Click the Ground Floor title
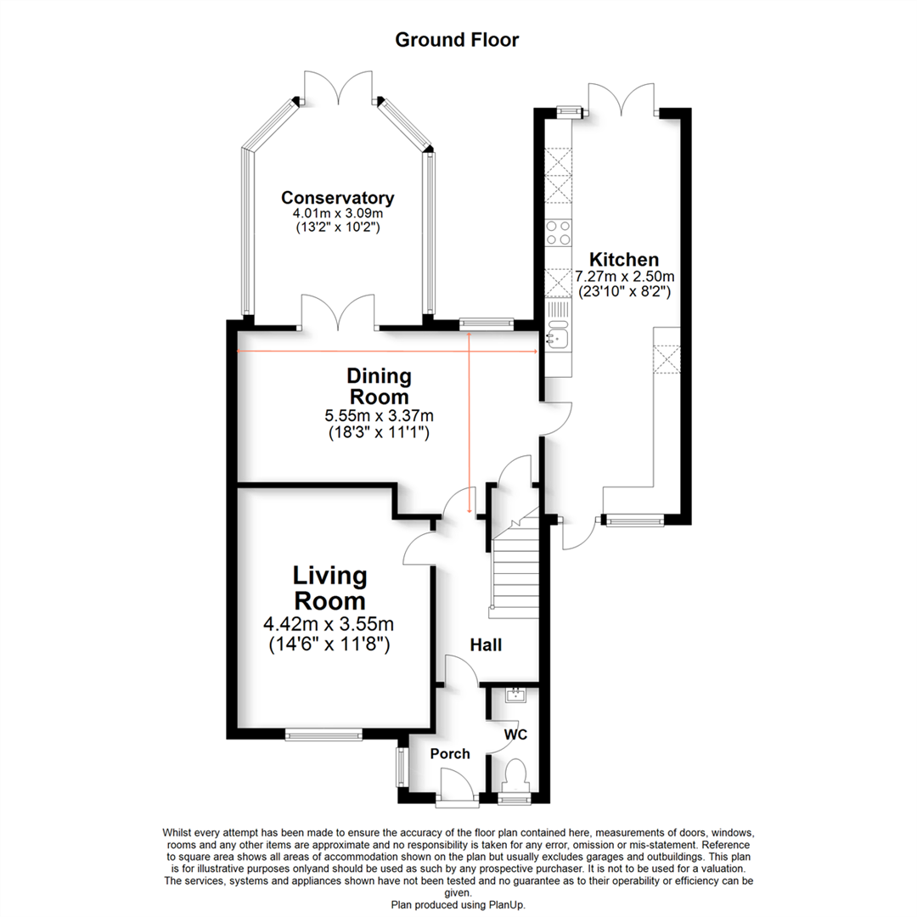(457, 39)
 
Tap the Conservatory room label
(338, 198)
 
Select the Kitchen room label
(624, 259)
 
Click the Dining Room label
(379, 385)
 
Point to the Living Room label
(330, 588)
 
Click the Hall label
(487, 645)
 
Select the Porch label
(449, 754)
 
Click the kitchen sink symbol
(558, 337)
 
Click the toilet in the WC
(515, 777)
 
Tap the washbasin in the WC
(515, 696)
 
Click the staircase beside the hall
(515, 569)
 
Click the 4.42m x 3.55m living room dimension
(330, 626)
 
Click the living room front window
(323, 734)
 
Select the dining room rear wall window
(486, 323)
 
